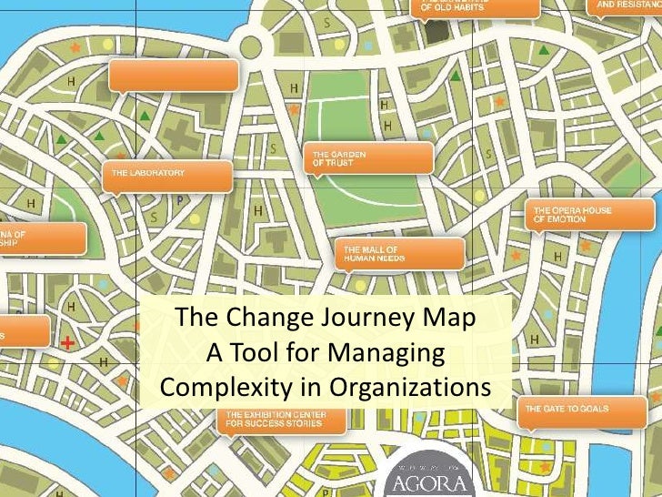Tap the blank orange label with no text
[x=173, y=76]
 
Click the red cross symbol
[x=67, y=343]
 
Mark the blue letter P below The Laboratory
[x=179, y=200]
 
